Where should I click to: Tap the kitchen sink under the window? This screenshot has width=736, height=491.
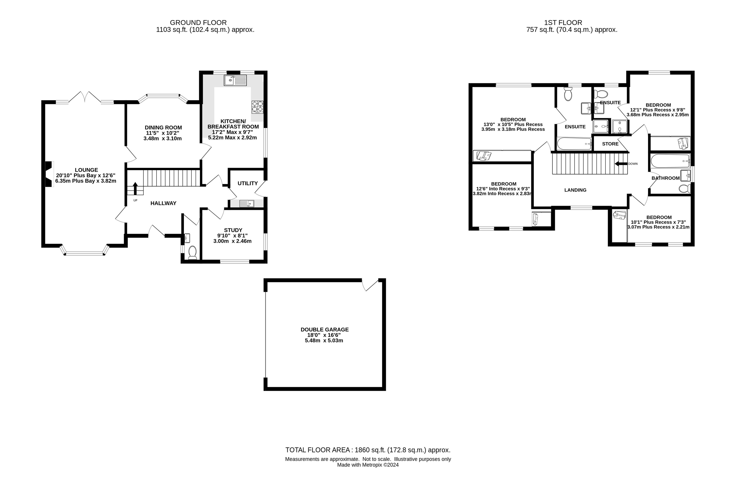235,80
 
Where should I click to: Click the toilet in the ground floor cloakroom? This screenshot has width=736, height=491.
192,252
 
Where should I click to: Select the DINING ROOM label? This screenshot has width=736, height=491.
163,128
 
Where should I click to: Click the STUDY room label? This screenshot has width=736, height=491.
233,230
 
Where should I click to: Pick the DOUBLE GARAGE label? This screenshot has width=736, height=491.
325,329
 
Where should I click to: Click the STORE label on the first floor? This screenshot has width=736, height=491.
610,144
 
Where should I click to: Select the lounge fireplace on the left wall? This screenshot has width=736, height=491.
49,174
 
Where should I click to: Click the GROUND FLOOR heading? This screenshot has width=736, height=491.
198,23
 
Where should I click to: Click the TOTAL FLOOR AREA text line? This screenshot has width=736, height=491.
368,450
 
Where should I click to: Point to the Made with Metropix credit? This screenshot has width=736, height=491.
368,465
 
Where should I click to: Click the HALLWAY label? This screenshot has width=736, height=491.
163,203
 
